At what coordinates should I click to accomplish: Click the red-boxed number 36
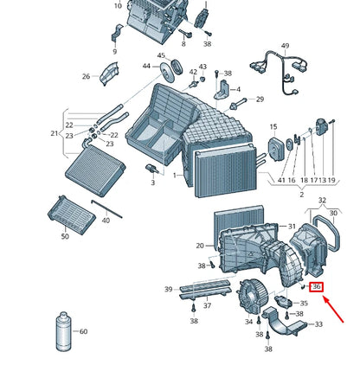click(x=317, y=287)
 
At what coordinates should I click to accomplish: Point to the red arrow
click(x=336, y=309)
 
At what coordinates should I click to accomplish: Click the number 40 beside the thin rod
click(x=106, y=221)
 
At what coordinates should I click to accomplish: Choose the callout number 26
click(x=86, y=77)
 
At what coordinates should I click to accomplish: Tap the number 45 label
click(x=161, y=55)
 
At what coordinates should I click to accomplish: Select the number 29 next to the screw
click(x=258, y=100)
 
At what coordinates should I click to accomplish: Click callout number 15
click(x=273, y=126)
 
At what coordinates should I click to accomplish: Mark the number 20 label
click(x=200, y=246)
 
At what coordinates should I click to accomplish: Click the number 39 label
click(x=169, y=289)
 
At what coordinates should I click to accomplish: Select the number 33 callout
click(x=318, y=324)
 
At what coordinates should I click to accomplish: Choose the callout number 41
click(x=281, y=180)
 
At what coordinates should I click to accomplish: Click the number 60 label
click(x=83, y=331)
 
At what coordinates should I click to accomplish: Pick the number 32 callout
click(x=323, y=200)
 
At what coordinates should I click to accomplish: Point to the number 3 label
click(x=152, y=182)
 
